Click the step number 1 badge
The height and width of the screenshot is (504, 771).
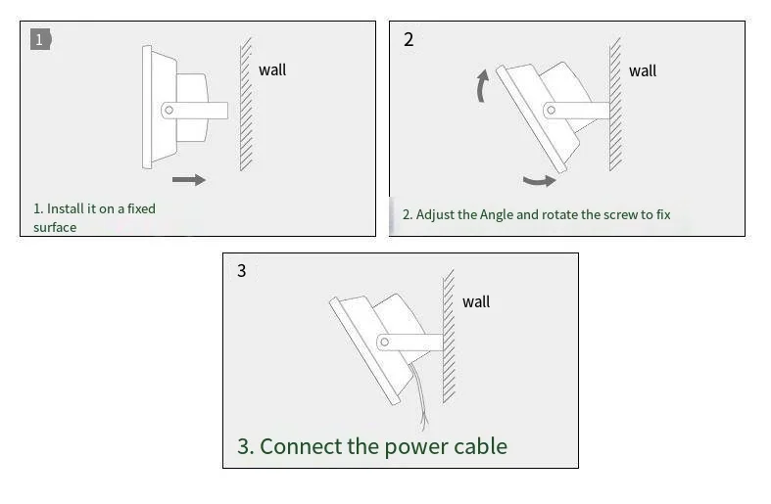point(40,40)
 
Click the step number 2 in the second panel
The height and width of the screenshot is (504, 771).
point(409,40)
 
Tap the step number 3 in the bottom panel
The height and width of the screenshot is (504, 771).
point(242,271)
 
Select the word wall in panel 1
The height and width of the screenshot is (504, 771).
point(272,69)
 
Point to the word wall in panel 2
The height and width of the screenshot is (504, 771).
point(643,70)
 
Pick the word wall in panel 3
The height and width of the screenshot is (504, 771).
point(476,301)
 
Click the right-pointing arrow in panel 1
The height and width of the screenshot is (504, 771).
point(189,179)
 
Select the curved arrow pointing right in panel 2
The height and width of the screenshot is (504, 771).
point(539,180)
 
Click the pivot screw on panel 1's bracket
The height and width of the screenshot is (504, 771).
point(169,111)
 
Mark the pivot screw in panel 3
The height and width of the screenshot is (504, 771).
point(384,342)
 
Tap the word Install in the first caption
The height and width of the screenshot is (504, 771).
point(65,208)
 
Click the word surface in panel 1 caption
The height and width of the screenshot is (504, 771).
point(55,227)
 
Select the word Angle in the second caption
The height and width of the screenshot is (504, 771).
point(497,214)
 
